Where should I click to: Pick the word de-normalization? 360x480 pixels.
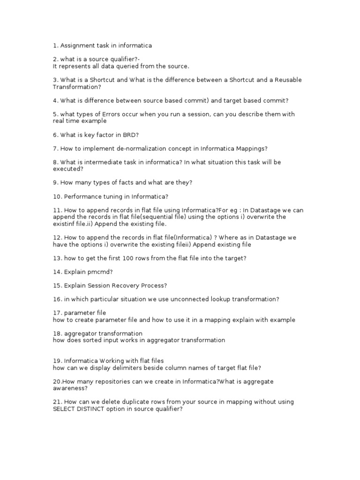click(x=133, y=148)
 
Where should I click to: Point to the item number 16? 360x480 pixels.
click(x=57, y=299)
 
